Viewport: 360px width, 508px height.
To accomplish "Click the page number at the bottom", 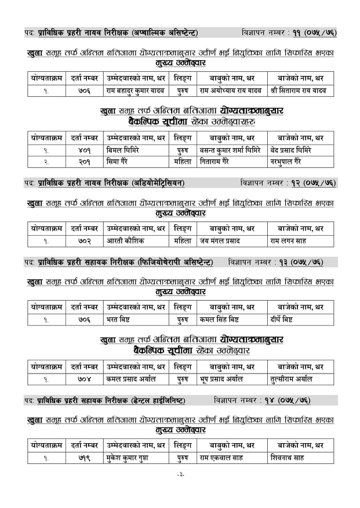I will coord(180,490).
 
